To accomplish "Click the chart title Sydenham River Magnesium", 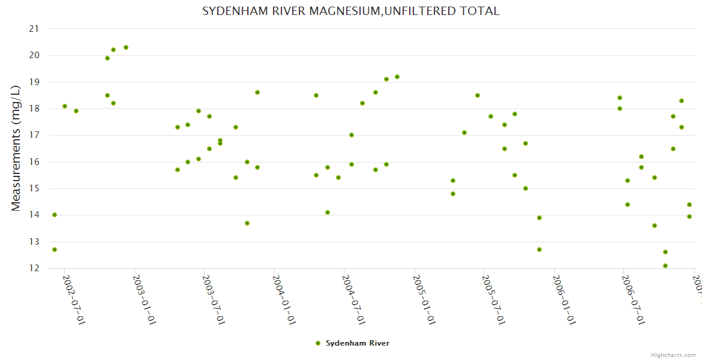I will point(350,11).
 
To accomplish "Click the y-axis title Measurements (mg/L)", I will point(16,149).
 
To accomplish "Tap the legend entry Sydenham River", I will point(357,343).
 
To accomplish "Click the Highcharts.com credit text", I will point(674,355).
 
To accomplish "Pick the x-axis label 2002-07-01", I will point(74,299).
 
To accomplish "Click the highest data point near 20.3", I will point(126,47).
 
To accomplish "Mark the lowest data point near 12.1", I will point(665,266).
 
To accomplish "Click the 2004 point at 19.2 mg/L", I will point(397,77).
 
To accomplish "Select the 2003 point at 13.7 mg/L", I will point(247,223).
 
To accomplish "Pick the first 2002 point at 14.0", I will point(55,215).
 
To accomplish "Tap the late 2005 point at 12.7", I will point(539,250).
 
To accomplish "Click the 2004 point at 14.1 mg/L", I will point(328,212).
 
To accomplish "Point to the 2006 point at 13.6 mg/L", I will point(655,226).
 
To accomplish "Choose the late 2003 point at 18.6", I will point(257,92).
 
